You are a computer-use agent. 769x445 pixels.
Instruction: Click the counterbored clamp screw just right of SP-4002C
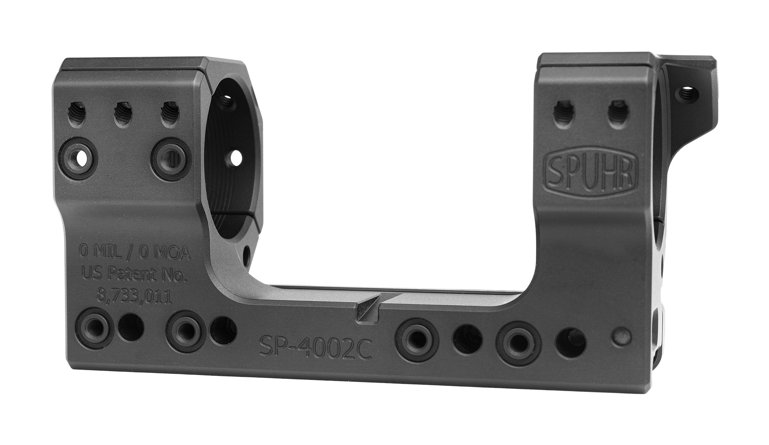(417, 336)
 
